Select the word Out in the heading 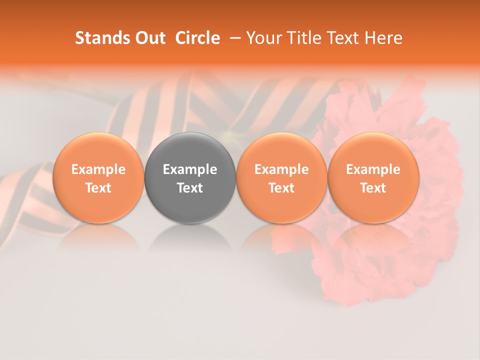pyautogui.click(x=149, y=38)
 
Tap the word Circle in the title pyautogui.click(x=197, y=38)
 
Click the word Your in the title pyautogui.click(x=261, y=38)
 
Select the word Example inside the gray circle pyautogui.click(x=190, y=169)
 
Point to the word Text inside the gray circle pyautogui.click(x=190, y=188)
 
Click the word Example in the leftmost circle pyautogui.click(x=98, y=169)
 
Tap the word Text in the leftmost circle pyautogui.click(x=98, y=188)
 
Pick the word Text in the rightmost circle pyautogui.click(x=373, y=188)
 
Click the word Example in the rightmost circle pyautogui.click(x=373, y=169)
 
